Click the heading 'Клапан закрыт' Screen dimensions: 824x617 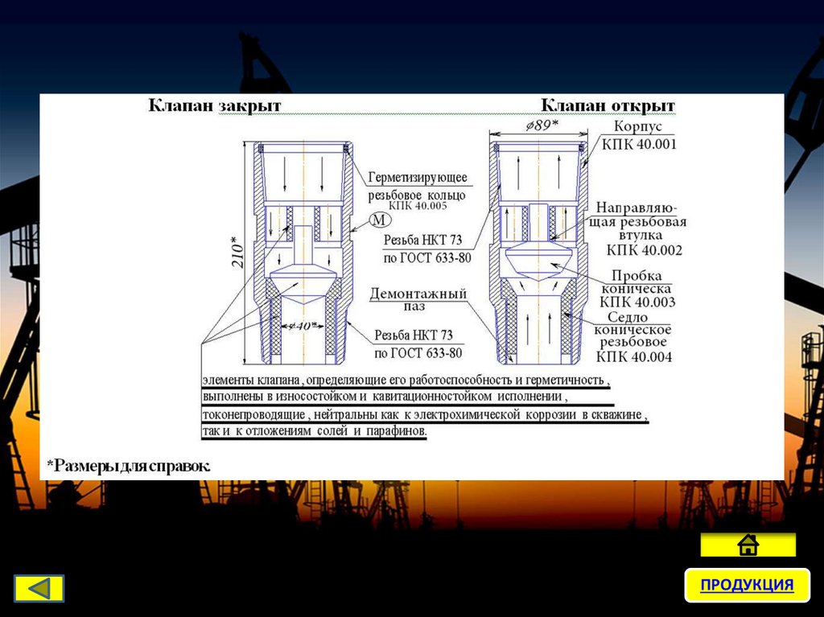(213, 106)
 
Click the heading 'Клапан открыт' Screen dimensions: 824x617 (608, 106)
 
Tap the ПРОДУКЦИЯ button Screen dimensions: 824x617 (747, 585)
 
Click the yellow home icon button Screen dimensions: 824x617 (748, 545)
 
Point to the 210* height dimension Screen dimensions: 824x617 (235, 253)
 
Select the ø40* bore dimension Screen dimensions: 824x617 (300, 326)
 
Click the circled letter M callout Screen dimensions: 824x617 (378, 220)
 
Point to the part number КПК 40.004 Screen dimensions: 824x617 (633, 356)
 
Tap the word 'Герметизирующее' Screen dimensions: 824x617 (418, 177)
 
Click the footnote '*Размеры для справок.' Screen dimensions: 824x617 (129, 465)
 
